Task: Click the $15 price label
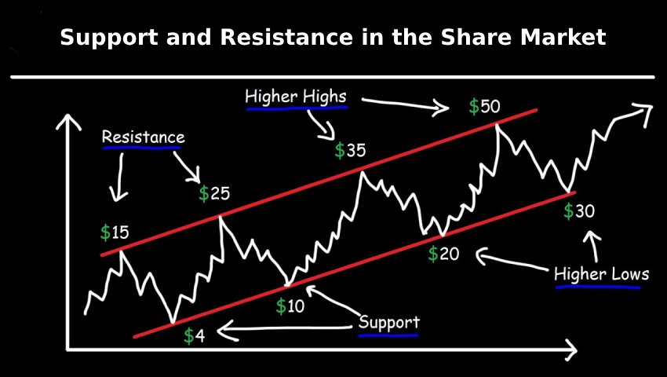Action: (115, 233)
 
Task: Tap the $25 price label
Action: (214, 194)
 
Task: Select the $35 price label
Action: (350, 151)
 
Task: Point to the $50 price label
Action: (485, 107)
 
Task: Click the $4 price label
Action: (195, 336)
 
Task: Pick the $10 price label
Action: (290, 306)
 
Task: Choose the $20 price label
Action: (443, 254)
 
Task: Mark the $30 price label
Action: (579, 210)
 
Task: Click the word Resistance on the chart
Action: (144, 137)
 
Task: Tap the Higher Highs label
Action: (296, 97)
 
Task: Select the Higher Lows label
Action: (602, 273)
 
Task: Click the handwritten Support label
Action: (389, 322)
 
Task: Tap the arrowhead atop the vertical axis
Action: (67, 122)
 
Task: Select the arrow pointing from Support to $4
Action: (283, 328)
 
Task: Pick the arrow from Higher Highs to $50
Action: (405, 104)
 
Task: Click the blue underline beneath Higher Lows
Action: (598, 287)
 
